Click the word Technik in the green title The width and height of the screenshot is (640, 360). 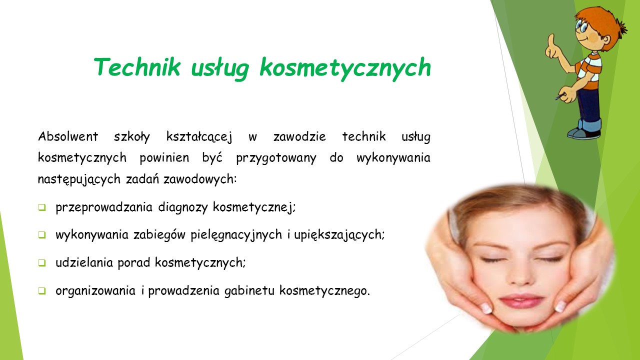(137, 67)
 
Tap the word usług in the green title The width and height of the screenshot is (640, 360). (220, 68)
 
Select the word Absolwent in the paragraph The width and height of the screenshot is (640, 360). (68, 136)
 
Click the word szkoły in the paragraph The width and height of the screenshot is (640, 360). (131, 137)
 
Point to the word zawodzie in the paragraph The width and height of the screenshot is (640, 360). (299, 136)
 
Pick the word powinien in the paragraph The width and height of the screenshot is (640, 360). (164, 157)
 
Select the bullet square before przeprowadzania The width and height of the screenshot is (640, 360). (41, 207)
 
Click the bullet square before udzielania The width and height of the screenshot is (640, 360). (41, 262)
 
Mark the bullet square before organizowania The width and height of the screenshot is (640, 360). (41, 290)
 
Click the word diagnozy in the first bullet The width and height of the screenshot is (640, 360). (183, 207)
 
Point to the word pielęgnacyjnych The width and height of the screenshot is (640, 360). (236, 235)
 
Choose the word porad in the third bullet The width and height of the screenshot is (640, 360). (133, 263)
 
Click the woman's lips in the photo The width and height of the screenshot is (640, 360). (521, 301)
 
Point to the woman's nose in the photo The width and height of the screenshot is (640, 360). (520, 274)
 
